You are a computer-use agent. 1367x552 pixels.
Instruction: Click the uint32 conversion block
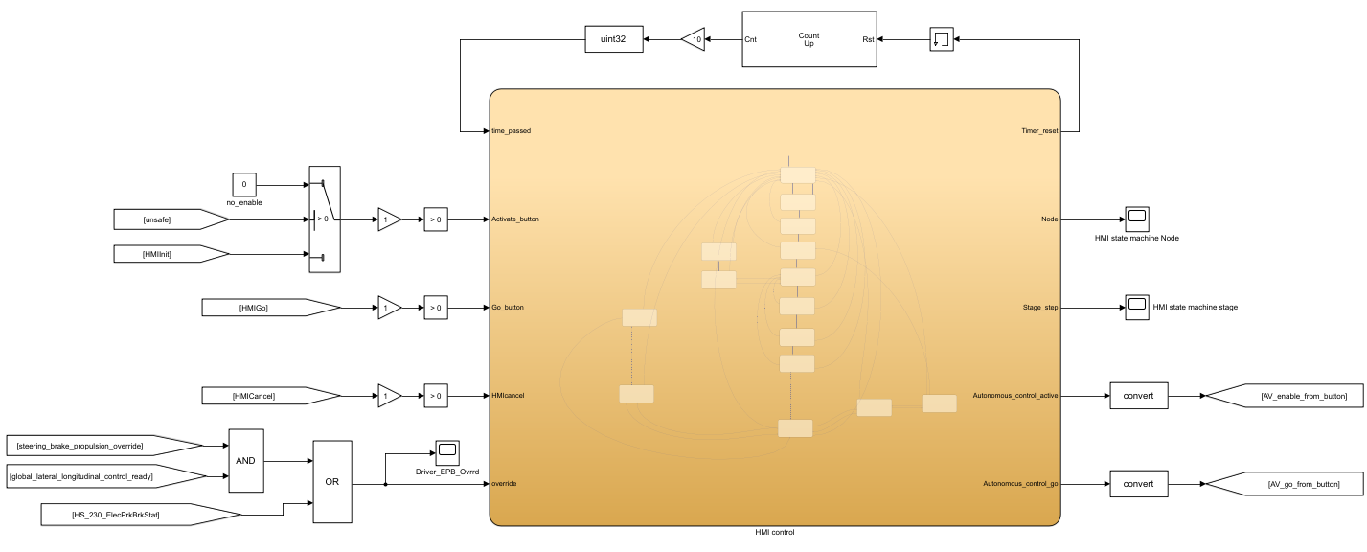pos(613,39)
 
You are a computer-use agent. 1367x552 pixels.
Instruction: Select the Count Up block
pos(809,39)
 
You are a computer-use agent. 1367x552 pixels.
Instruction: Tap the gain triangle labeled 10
pos(694,39)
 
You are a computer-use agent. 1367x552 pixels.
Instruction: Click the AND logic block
pos(245,461)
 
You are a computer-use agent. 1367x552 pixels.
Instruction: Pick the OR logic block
pos(332,482)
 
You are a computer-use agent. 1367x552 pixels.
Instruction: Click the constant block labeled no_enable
pos(244,184)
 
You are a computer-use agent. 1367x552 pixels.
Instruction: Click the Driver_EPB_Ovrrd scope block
pos(447,448)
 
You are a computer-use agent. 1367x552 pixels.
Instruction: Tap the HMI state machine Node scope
pos(1136,218)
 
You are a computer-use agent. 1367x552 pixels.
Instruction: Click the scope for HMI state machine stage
pos(1136,308)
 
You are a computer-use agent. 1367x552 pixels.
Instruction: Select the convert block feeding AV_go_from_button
pos(1139,484)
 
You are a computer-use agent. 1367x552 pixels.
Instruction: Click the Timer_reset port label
pos(1039,131)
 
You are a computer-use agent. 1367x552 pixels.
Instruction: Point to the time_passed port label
pos(511,131)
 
